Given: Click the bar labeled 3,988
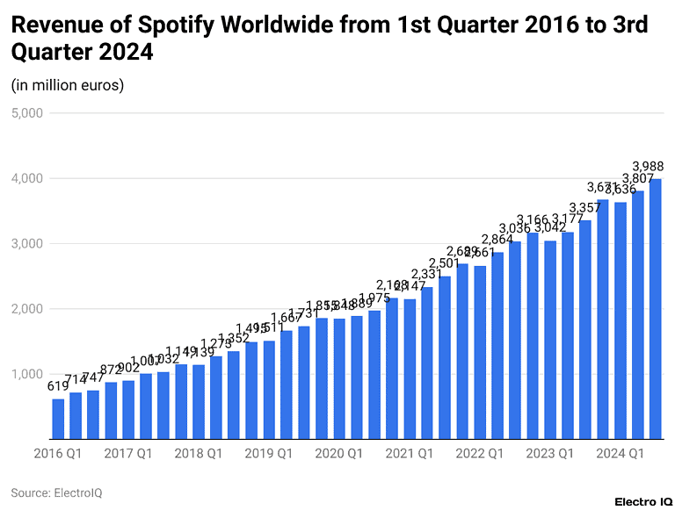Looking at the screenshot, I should [x=656, y=307].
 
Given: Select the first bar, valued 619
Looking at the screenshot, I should [x=58, y=418].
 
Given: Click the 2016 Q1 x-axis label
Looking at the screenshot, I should [x=58, y=454].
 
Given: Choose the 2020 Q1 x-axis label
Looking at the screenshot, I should [x=339, y=454].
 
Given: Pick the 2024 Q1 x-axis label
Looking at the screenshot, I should [x=621, y=454].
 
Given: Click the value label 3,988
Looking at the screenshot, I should [x=649, y=167].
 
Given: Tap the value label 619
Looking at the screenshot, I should [x=58, y=386].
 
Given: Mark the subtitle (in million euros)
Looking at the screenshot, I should [x=68, y=85].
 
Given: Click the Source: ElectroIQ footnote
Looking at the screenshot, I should [x=56, y=493].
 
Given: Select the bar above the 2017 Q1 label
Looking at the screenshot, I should [x=128, y=408].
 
